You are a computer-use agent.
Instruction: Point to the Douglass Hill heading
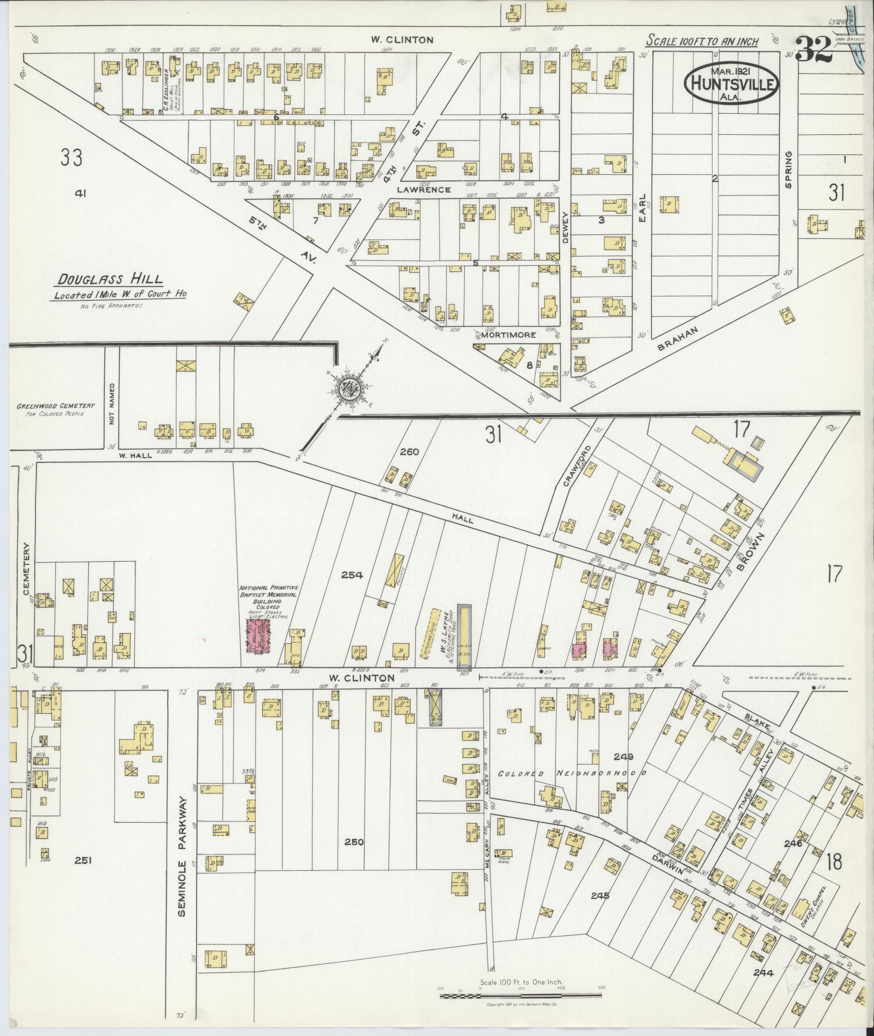[111, 279]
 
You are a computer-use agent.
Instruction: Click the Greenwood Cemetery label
[55, 409]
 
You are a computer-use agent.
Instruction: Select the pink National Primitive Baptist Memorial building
[258, 636]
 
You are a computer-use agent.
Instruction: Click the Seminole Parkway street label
[182, 856]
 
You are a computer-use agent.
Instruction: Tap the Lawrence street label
[423, 190]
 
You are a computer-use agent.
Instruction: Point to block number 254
[352, 575]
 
